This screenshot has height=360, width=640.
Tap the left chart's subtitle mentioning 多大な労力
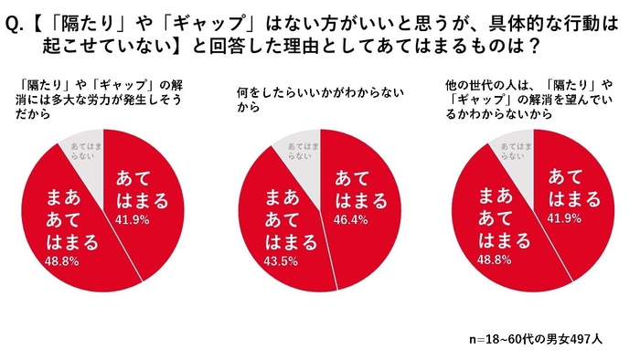[87, 100]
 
